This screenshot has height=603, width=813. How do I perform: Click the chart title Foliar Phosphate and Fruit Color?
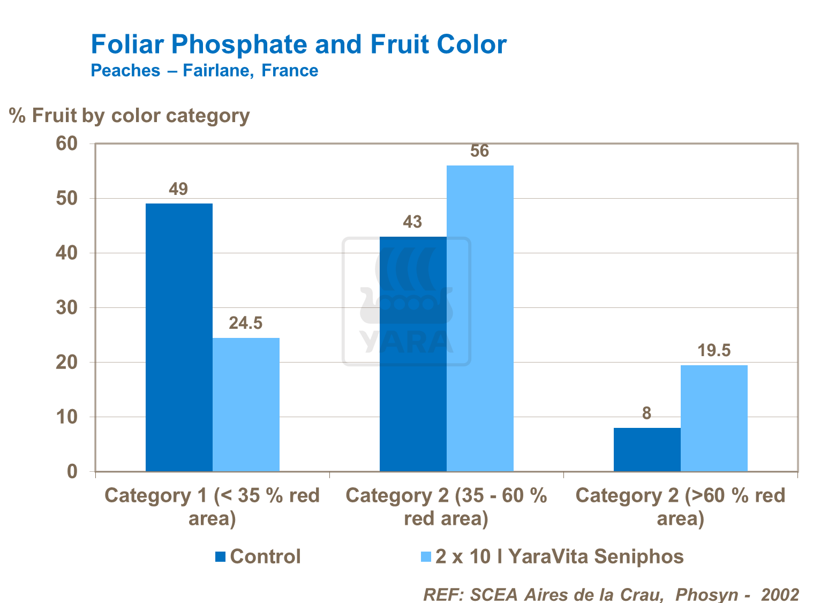(298, 44)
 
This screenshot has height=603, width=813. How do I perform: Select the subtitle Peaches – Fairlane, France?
(204, 71)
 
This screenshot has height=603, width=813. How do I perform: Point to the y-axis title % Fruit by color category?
(130, 116)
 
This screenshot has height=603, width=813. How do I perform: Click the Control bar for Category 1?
(179, 337)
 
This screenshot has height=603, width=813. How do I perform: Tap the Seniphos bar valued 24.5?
(246, 404)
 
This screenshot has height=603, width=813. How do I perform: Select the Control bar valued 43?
(413, 353)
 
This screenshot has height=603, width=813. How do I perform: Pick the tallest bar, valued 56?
(480, 318)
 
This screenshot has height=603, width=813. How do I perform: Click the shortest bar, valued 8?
(647, 449)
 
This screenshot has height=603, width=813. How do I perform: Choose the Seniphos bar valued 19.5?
(714, 418)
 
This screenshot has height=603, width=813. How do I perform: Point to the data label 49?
(178, 189)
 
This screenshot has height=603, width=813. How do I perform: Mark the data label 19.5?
(714, 351)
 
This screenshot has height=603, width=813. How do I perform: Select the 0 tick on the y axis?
(72, 472)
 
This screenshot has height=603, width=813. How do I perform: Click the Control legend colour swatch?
(220, 557)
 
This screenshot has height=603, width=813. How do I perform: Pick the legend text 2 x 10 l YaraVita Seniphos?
(559, 557)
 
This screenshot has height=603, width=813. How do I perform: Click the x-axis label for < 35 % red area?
(212, 507)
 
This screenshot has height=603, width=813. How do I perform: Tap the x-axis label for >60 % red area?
(680, 507)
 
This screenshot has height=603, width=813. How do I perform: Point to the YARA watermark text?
(406, 342)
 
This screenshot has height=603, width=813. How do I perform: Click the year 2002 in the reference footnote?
(780, 594)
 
